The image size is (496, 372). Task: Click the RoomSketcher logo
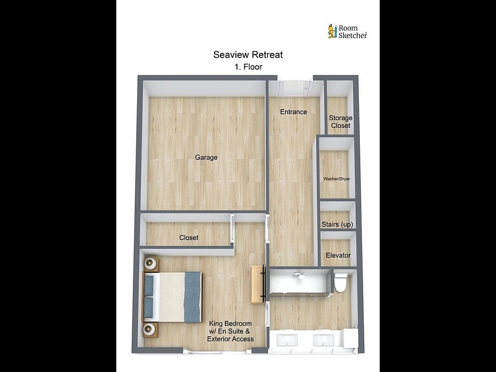click(x=347, y=31)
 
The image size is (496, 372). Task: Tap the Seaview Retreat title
click(x=248, y=55)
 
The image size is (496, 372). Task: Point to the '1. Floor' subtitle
click(x=249, y=67)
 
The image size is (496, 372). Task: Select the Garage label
click(x=206, y=157)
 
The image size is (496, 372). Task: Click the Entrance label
click(x=294, y=112)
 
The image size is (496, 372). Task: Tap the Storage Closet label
click(x=341, y=122)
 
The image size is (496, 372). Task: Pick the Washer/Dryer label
click(x=337, y=179)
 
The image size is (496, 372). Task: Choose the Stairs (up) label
click(x=337, y=224)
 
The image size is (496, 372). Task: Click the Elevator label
click(x=338, y=255)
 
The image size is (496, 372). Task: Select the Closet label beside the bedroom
click(x=188, y=238)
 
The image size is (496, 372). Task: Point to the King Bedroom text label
click(x=230, y=331)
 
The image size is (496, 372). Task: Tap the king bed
click(x=172, y=297)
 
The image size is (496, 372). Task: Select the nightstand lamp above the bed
click(x=150, y=263)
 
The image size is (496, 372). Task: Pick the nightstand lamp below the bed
click(x=150, y=330)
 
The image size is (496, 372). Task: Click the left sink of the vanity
click(x=287, y=341)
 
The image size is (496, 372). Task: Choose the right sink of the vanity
click(x=324, y=341)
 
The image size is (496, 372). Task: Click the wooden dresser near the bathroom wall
click(x=258, y=285)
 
